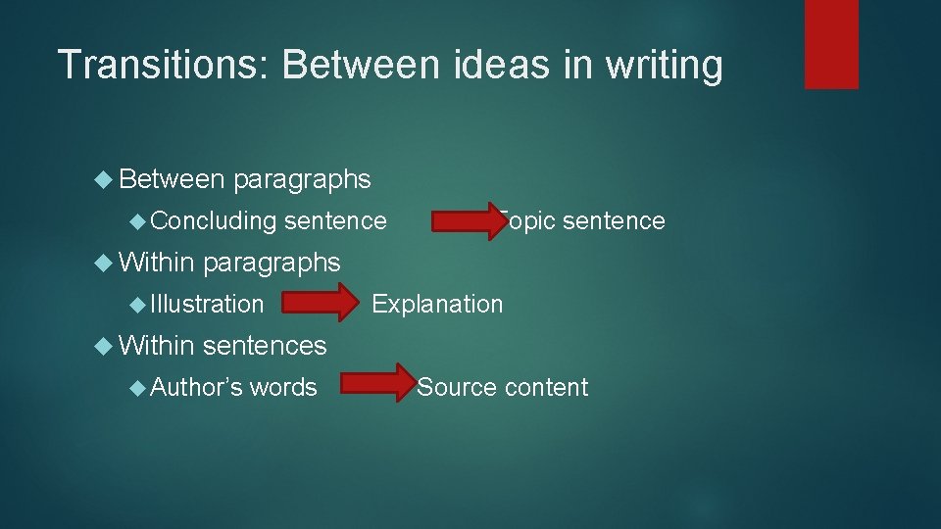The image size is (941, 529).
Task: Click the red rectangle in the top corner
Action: [x=831, y=44]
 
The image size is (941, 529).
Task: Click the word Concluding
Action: [x=215, y=221]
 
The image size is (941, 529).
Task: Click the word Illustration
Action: [x=208, y=305]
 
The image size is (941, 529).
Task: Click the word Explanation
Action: [x=437, y=305]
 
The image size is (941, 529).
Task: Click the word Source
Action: [x=458, y=388]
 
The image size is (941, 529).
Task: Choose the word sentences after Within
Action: [x=265, y=346]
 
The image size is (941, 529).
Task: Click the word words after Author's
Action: [x=283, y=388]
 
